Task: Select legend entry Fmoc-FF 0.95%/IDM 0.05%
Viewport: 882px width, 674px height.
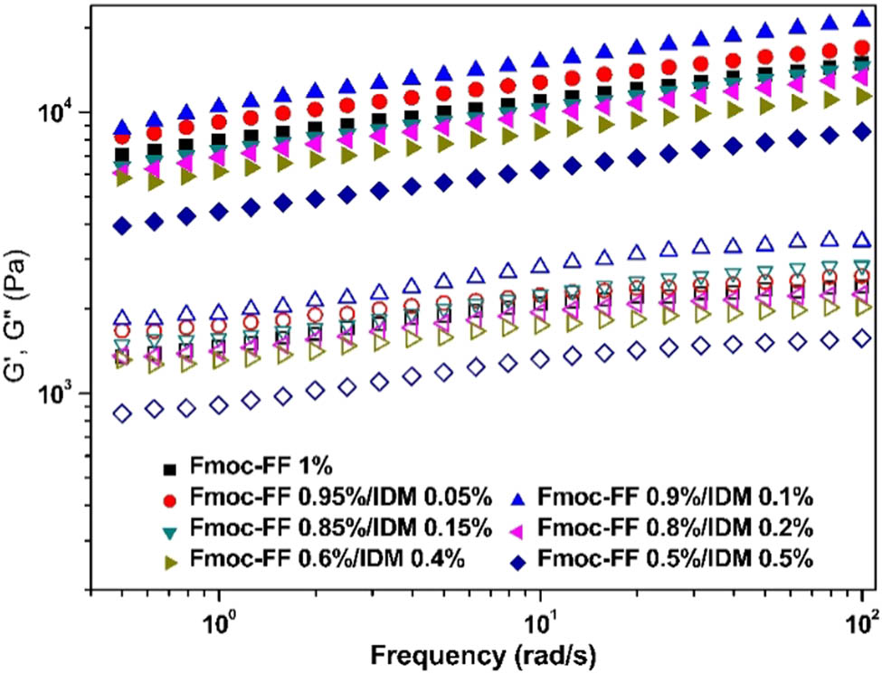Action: point(340,497)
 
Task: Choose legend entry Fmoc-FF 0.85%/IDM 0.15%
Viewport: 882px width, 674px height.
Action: point(340,527)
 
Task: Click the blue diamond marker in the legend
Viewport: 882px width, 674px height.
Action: point(517,560)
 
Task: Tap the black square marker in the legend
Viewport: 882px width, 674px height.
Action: point(166,469)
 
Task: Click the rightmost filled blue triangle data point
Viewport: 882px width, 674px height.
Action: point(862,18)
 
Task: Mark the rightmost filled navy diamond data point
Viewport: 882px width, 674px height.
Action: point(862,132)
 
